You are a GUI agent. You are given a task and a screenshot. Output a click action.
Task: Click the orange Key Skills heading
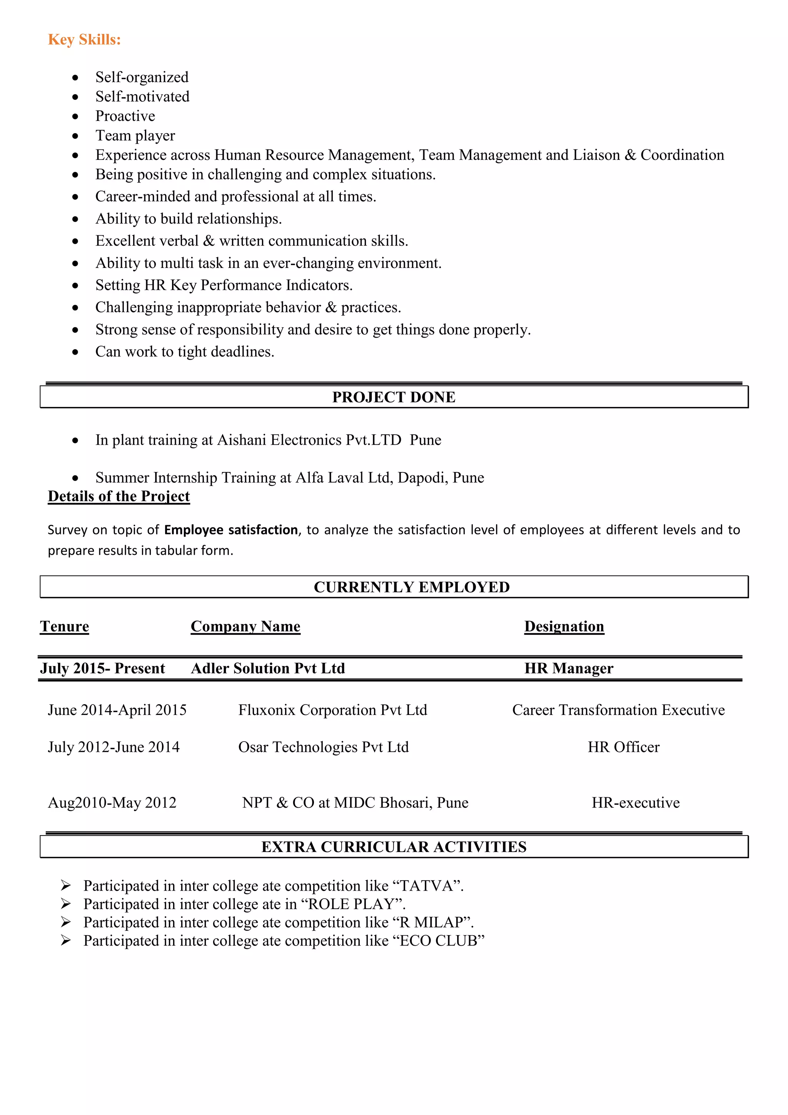tap(84, 39)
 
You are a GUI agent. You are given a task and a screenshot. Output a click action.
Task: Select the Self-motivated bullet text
tap(142, 96)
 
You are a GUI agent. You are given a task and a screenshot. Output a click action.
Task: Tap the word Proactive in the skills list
tap(125, 116)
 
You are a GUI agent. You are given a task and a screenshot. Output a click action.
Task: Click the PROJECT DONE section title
tap(394, 397)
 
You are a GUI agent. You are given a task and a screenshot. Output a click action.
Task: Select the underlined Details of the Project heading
tap(119, 496)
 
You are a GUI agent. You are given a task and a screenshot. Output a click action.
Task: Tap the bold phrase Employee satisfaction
tap(231, 529)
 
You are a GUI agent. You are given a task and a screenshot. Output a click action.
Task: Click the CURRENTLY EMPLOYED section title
tap(411, 587)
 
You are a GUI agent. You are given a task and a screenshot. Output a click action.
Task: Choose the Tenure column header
tap(65, 626)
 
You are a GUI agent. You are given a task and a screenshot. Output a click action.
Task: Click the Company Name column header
tap(245, 626)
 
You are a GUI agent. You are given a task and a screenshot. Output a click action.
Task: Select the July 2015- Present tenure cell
tap(102, 668)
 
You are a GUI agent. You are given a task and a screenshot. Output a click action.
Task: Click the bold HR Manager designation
tap(569, 668)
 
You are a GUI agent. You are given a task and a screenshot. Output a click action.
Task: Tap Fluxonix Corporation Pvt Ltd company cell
tap(332, 710)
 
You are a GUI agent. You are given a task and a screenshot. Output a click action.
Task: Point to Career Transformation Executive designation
tap(618, 710)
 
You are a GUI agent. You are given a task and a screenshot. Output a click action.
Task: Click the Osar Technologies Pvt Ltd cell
tap(323, 747)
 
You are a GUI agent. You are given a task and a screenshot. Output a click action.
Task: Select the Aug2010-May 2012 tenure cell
tap(112, 803)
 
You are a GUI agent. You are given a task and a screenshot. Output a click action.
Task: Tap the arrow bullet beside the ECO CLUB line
tap(66, 941)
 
